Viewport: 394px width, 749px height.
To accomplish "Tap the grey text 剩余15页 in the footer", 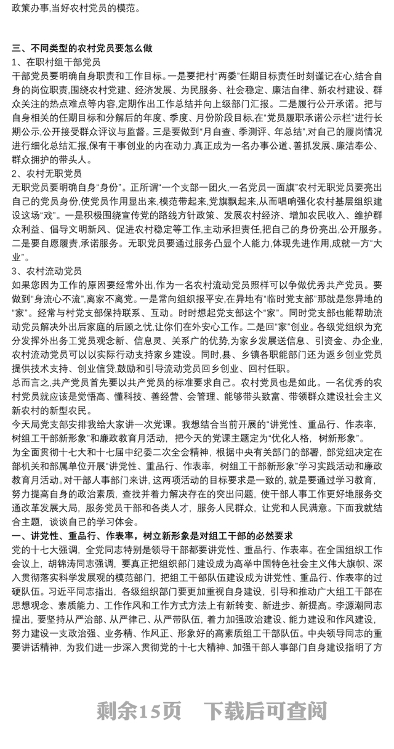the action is pos(139,711).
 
